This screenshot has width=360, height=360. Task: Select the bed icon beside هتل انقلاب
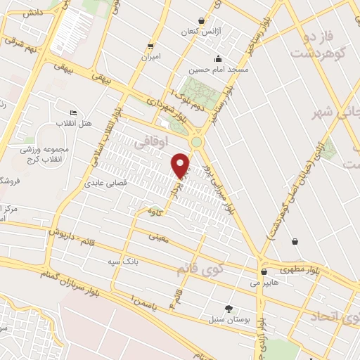[73, 113]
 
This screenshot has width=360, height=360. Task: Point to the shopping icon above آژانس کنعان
[202, 21]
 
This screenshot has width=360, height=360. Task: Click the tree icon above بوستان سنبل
[229, 308]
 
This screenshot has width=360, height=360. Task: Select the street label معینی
[159, 238]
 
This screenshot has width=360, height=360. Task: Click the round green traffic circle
[197, 142]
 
